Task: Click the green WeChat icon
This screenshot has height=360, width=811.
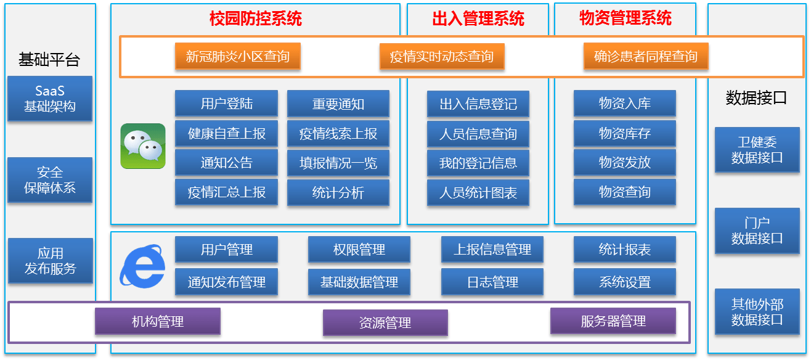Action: pos(143,146)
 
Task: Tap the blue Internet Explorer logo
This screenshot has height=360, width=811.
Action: pos(142,266)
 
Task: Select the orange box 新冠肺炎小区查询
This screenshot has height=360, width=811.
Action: pos(237,57)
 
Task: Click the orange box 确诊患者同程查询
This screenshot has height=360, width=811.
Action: pos(645,57)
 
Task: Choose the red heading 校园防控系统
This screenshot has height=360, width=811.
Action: pos(256,19)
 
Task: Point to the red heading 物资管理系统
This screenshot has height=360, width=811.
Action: pos(626,18)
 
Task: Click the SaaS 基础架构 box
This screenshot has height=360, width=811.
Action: pos(50,99)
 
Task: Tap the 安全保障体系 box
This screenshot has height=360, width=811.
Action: pos(50,180)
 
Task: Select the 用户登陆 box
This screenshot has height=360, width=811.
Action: pos(226,104)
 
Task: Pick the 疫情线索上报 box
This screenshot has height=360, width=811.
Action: pos(338,134)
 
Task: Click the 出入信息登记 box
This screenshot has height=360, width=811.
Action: pos(478,104)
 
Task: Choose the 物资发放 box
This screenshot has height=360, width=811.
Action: pos(624,163)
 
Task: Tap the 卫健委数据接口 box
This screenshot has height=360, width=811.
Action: pos(757,150)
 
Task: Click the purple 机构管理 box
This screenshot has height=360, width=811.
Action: pos(158,321)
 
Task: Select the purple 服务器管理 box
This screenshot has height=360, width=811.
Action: pos(613,321)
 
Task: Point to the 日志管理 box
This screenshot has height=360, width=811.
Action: pos(492,282)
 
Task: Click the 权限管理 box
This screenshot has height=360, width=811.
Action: pos(359,250)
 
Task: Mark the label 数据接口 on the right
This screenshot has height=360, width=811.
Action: pos(756,98)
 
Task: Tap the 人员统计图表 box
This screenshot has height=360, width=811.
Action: pos(478,193)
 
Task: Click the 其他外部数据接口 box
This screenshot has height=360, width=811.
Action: pos(757,312)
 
